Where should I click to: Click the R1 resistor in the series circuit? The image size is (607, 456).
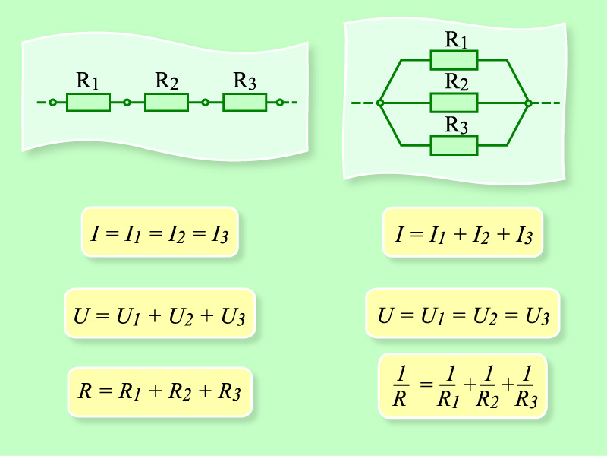tap(89, 102)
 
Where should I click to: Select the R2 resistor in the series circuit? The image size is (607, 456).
tap(166, 102)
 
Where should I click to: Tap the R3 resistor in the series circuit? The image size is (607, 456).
tap(244, 102)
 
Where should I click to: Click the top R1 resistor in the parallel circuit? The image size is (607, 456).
tap(454, 59)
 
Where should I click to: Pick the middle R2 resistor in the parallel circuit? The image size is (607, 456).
tap(454, 102)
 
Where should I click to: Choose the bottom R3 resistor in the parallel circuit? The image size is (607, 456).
tap(454, 144)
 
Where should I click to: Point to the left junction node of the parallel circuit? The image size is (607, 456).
tap(380, 102)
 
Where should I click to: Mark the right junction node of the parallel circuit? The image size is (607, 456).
tap(528, 102)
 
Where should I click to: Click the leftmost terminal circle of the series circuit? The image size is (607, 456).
tap(52, 102)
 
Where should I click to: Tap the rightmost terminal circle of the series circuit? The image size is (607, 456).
tap(280, 102)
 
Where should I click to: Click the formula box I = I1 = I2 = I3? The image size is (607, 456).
tap(159, 232)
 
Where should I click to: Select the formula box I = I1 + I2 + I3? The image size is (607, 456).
tap(464, 232)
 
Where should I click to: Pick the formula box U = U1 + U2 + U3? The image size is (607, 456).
tap(159, 312)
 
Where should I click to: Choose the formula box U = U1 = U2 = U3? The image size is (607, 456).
tap(463, 312)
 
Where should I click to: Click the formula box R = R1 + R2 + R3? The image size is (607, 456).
tap(159, 392)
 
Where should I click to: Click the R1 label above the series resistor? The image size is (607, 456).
tap(88, 81)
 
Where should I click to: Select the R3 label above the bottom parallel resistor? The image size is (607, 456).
tap(455, 125)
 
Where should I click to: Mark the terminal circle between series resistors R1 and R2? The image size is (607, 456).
tap(127, 102)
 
